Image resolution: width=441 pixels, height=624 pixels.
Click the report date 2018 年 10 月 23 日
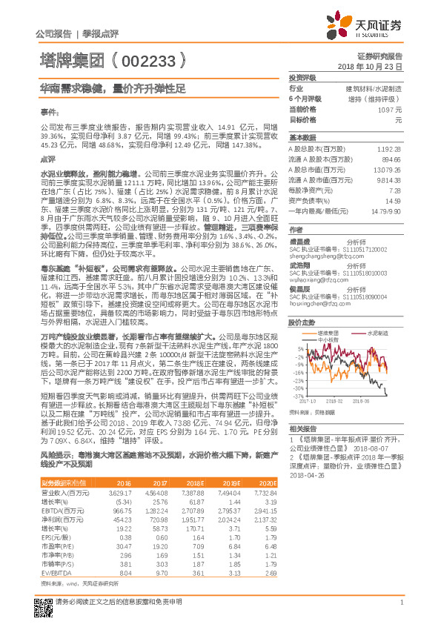coord(374,66)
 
